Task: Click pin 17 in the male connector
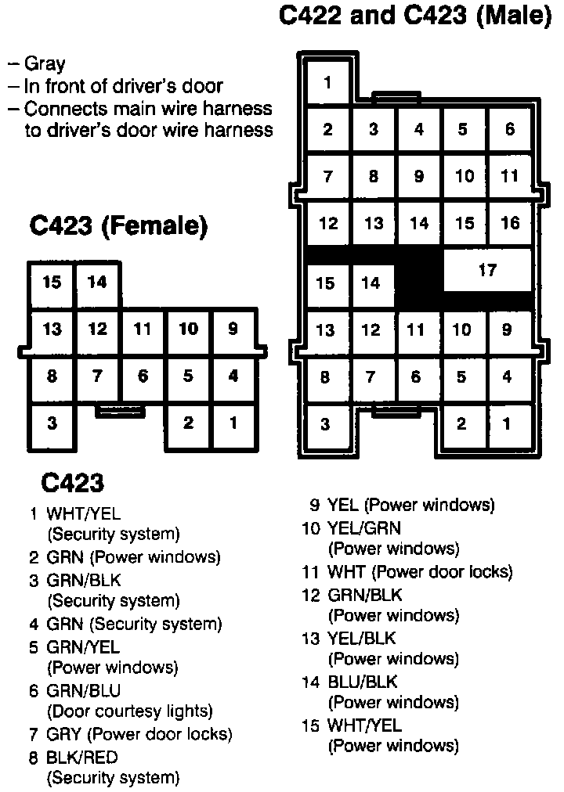[x=487, y=271]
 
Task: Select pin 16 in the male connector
[x=510, y=224]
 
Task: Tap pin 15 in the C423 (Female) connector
[x=52, y=283]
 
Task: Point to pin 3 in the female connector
[x=52, y=423]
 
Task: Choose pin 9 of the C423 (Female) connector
[x=233, y=329]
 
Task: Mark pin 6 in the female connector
[x=143, y=376]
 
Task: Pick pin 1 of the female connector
[x=233, y=423]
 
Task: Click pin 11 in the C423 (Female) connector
[x=143, y=329]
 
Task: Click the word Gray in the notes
[x=45, y=64]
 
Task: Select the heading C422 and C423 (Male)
[x=415, y=17]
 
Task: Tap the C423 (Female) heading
[x=118, y=226]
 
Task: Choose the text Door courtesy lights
[x=130, y=711]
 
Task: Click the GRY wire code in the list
[x=63, y=735]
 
